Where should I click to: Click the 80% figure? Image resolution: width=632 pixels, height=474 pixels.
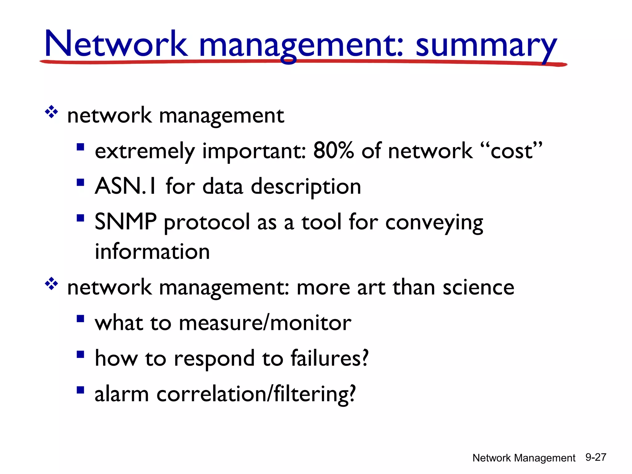333,151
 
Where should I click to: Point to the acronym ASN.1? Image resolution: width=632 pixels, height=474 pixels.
126,186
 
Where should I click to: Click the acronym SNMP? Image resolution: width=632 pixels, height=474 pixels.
126,222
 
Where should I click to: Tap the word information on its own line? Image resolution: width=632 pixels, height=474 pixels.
152,252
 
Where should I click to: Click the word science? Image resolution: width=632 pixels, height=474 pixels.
478,287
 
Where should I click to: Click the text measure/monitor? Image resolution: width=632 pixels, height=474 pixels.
265,323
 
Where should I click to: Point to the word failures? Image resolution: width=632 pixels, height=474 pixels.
330,358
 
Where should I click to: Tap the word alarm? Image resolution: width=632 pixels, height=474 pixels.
122,394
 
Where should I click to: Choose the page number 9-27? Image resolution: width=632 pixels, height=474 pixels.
596,457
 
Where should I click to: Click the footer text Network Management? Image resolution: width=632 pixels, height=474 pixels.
524,458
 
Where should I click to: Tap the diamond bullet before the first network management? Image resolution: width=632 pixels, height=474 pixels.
51,112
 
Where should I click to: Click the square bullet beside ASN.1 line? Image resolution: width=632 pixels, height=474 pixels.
81,183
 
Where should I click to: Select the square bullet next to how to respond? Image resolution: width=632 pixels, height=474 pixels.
81,354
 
